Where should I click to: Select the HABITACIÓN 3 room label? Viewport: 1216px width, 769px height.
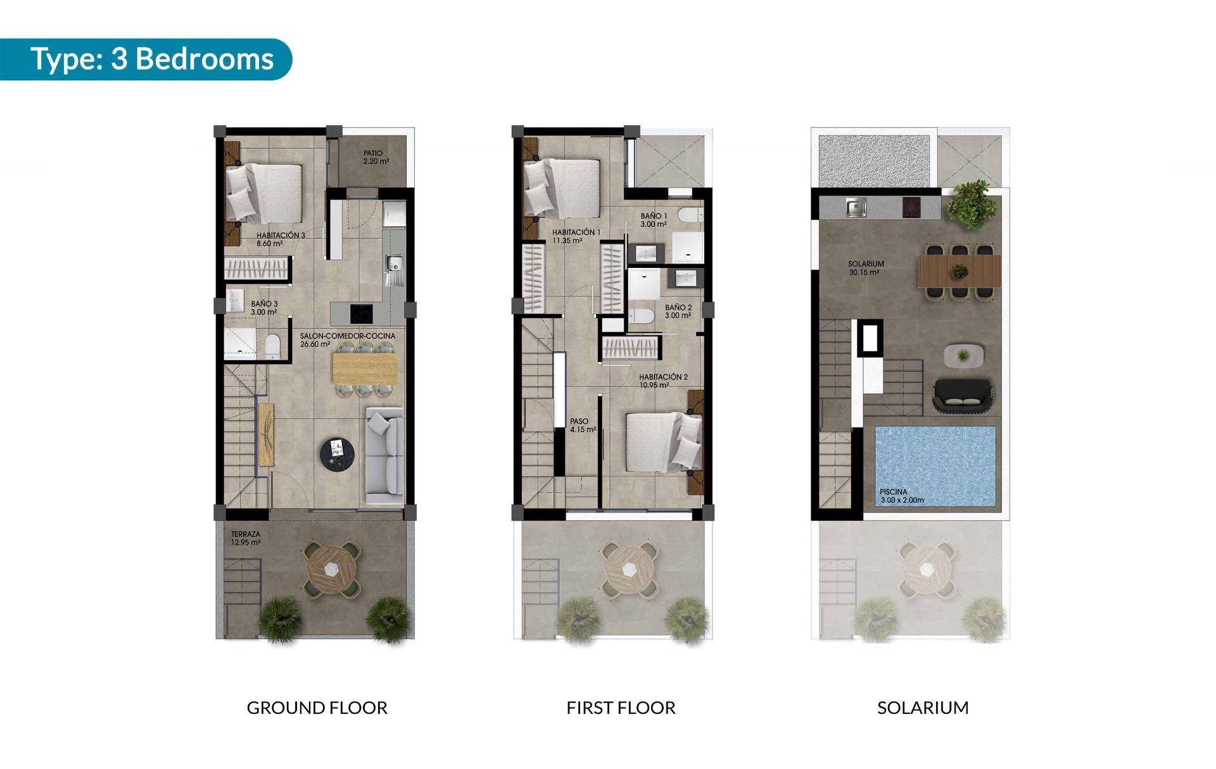pos(280,239)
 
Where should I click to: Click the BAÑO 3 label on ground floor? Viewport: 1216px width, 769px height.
pos(263,308)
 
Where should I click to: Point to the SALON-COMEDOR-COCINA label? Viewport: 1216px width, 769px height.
pos(347,340)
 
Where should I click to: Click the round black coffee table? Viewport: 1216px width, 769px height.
pos(338,454)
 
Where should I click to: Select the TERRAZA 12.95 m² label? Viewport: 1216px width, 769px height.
pos(246,538)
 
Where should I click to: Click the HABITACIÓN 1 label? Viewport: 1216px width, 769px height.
pos(575,236)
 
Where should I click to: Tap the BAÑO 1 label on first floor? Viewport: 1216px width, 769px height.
pos(654,220)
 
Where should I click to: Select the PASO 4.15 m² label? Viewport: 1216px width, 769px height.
pos(582,425)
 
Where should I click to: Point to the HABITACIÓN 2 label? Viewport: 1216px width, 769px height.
pos(662,381)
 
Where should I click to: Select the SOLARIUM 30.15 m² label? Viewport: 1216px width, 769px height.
pos(865,268)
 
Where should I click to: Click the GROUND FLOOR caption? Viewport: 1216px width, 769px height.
pos(317,708)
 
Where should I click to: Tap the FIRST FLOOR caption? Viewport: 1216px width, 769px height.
pos(621,708)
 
